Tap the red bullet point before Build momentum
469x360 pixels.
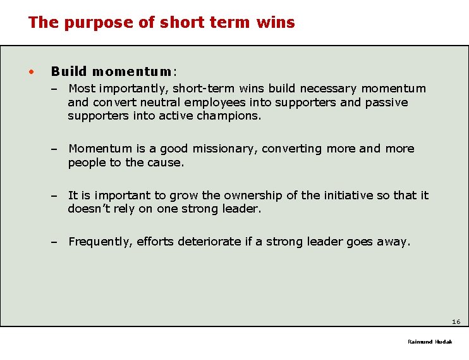(x=30, y=71)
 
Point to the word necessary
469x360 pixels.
(x=328, y=89)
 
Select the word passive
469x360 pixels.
(x=386, y=102)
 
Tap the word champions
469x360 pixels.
(x=231, y=116)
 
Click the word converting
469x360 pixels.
(x=292, y=149)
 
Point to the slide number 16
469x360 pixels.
(x=456, y=322)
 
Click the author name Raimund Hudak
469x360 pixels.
(x=430, y=342)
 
